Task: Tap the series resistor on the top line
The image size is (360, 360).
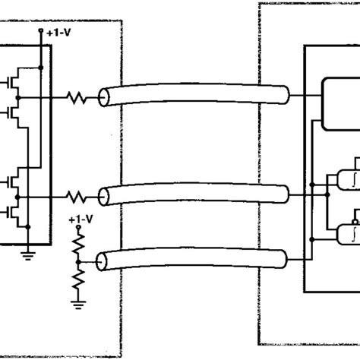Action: tap(77, 97)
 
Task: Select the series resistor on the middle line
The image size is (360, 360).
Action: tap(77, 197)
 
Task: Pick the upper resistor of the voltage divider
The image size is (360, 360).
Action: tap(77, 245)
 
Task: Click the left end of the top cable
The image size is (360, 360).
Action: tap(103, 97)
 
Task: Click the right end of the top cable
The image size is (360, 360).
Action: tap(286, 97)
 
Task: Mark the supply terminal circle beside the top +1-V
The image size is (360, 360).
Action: tap(41, 32)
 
